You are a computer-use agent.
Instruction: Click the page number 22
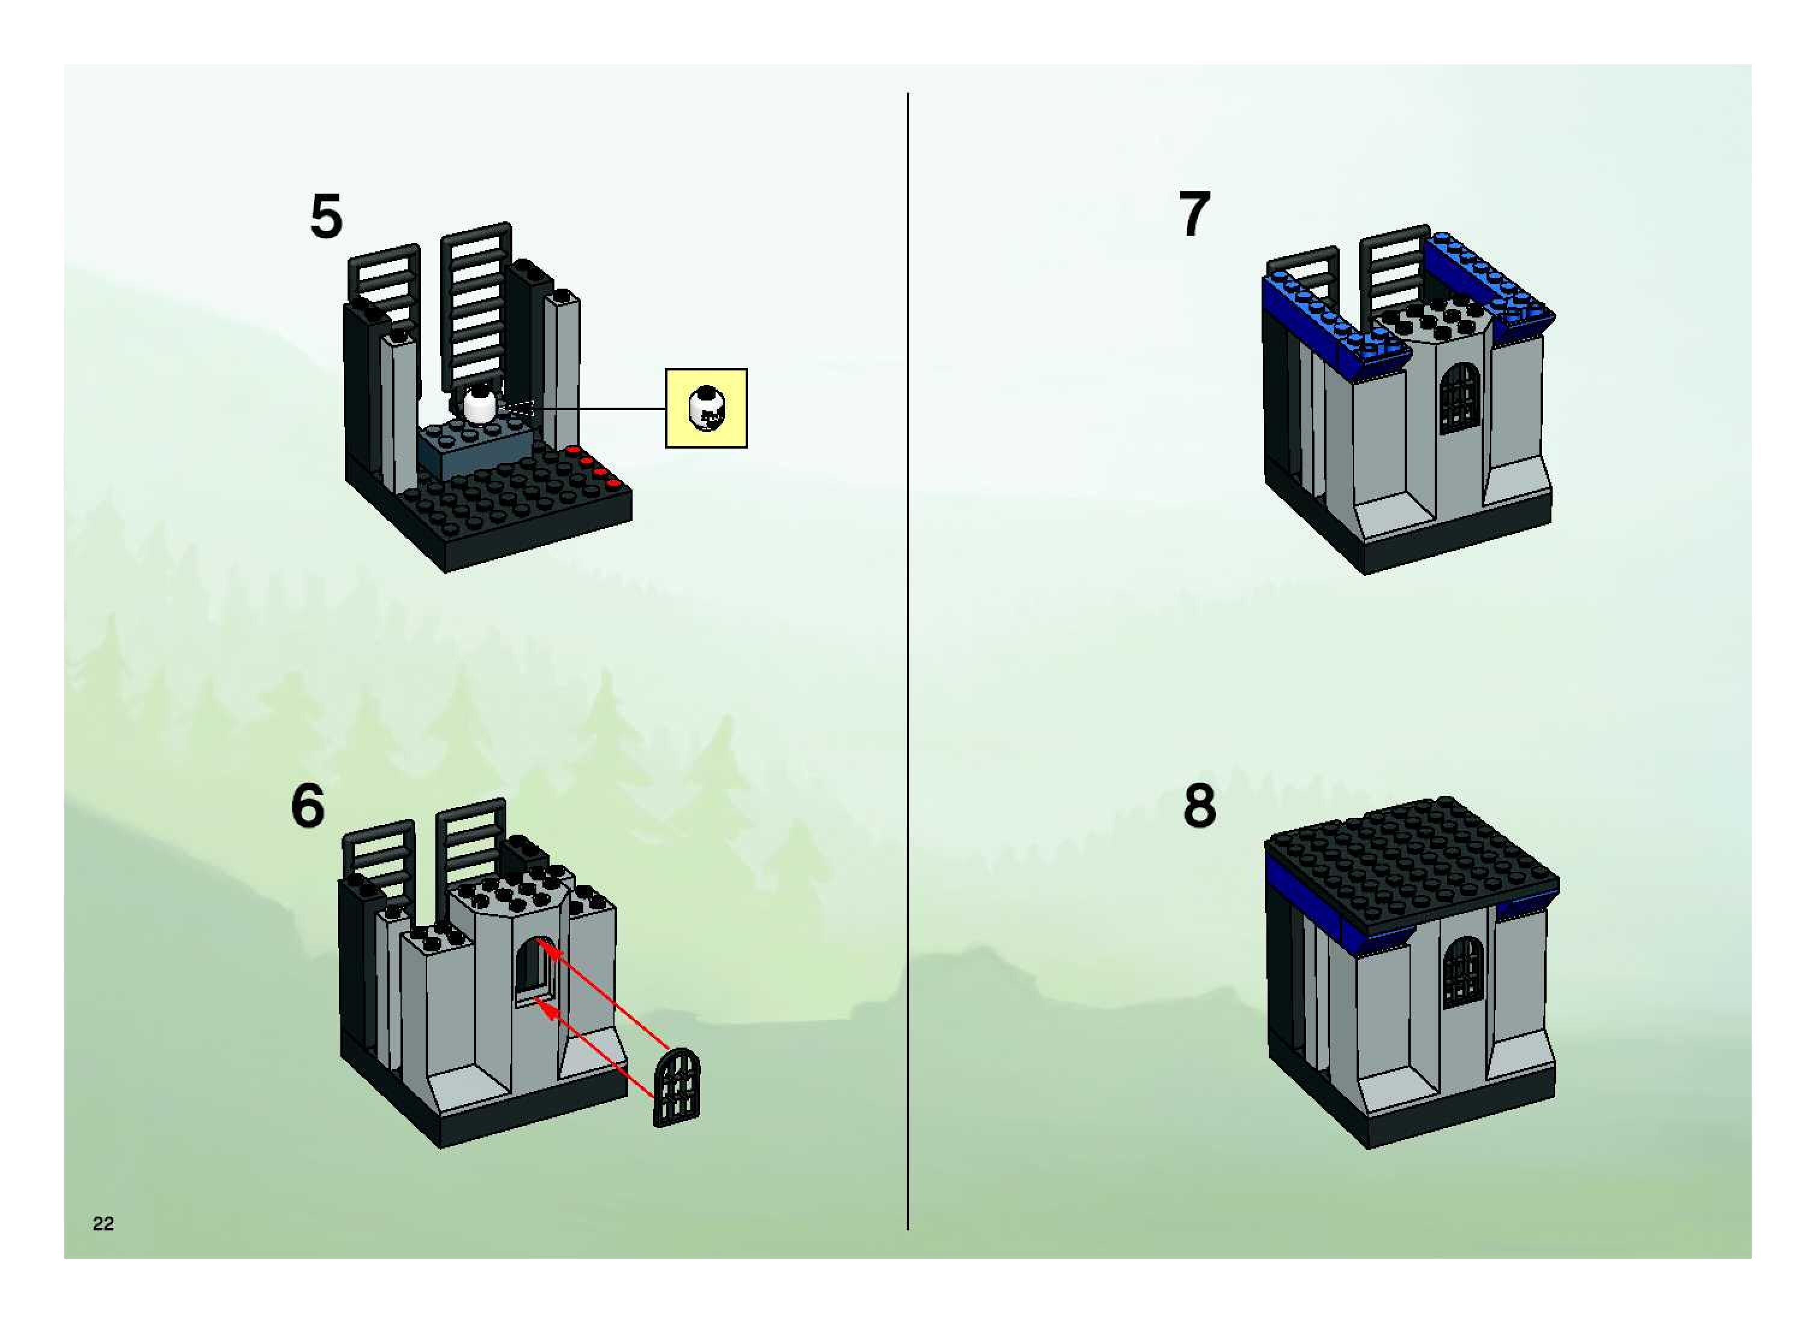click(x=103, y=1223)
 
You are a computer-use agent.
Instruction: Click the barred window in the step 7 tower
click(x=1459, y=399)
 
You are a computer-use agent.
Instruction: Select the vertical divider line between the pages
click(x=908, y=657)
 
